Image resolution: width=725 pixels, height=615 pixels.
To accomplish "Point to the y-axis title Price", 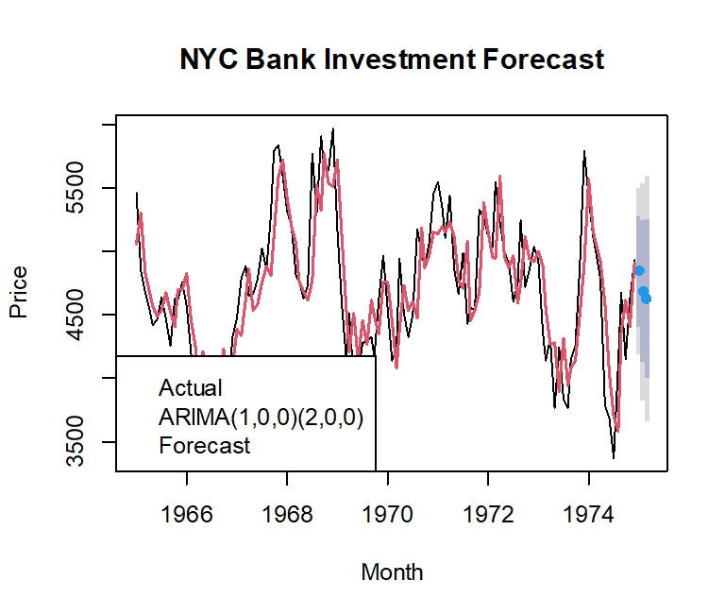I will (18, 292).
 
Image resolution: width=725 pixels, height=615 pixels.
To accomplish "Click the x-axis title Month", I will (392, 572).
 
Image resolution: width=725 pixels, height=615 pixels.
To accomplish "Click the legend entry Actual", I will (191, 388).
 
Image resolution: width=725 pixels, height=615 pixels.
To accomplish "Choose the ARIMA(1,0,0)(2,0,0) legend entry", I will (261, 417).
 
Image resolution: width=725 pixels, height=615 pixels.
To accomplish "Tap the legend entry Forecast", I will (205, 445).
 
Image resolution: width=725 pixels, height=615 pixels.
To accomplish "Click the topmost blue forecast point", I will (639, 270).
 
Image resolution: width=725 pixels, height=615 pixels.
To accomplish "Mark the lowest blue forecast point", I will (647, 299).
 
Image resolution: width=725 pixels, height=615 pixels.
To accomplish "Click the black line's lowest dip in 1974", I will (614, 457).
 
